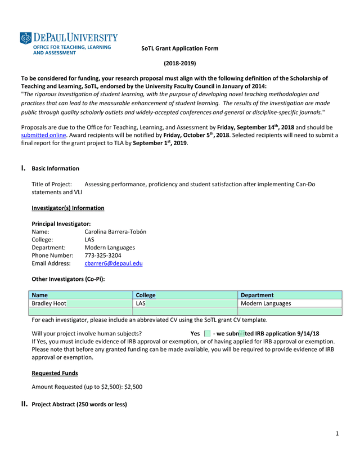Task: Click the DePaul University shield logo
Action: (x=25, y=38)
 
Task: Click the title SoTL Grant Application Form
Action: (x=179, y=48)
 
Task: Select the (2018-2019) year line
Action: (x=180, y=64)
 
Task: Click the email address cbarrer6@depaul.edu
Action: (x=113, y=263)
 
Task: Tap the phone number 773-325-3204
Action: (x=102, y=255)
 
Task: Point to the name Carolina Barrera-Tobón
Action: (x=115, y=231)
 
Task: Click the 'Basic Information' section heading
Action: (x=55, y=168)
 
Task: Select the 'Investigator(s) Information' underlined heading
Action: (x=67, y=208)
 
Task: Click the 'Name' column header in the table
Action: (x=40, y=295)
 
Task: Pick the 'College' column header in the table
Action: (x=146, y=295)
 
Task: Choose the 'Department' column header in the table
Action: (x=256, y=295)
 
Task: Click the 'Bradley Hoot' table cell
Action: (x=49, y=303)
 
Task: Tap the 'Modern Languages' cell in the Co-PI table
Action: (x=265, y=303)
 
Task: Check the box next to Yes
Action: (x=207, y=334)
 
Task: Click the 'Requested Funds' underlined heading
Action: (x=55, y=373)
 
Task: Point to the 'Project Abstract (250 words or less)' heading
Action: (x=79, y=405)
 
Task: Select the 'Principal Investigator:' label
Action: (x=61, y=223)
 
